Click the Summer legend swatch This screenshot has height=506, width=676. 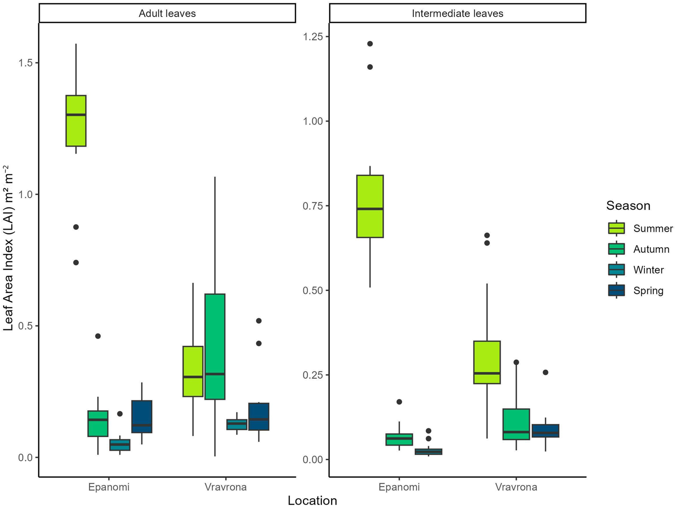(x=616, y=228)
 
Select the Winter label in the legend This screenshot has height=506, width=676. (x=648, y=270)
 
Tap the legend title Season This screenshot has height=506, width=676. (x=628, y=205)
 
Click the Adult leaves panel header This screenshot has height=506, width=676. (x=167, y=13)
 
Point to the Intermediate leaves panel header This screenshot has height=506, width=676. (x=457, y=13)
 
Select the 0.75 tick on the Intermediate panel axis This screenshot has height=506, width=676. (x=313, y=206)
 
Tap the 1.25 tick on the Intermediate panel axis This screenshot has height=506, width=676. (x=313, y=37)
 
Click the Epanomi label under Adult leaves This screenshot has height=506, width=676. (x=109, y=487)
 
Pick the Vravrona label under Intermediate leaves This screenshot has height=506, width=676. (x=516, y=487)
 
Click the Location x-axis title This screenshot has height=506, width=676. (x=312, y=500)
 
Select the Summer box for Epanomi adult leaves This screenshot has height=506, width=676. (x=76, y=121)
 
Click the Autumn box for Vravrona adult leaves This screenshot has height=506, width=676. (x=215, y=347)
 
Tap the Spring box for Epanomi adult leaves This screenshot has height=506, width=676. (x=141, y=416)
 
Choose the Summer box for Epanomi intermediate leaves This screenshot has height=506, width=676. (x=370, y=206)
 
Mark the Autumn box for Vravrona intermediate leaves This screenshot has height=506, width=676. (x=516, y=424)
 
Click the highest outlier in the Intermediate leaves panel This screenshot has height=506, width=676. (x=370, y=44)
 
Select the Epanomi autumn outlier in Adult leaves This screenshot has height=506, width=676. (x=98, y=336)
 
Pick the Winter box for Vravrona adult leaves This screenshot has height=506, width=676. (x=237, y=424)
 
